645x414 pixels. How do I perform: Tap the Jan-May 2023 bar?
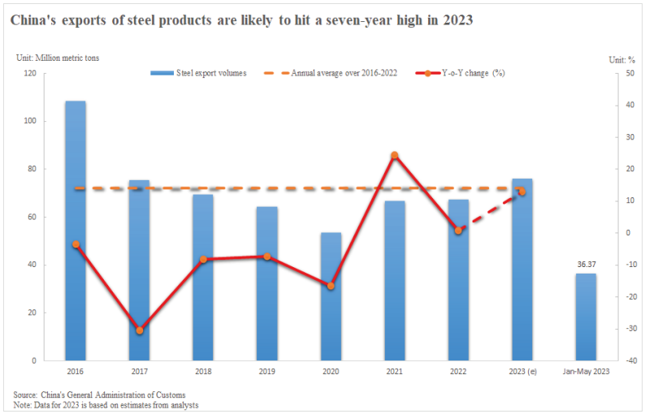586,317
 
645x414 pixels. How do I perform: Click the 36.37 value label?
586,264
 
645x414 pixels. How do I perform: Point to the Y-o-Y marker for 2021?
394,155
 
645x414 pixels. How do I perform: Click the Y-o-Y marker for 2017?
140,330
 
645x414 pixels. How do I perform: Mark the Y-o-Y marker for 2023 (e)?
522,192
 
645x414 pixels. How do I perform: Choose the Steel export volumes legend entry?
200,73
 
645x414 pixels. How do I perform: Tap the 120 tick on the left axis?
31,73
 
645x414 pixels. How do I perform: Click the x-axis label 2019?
266,371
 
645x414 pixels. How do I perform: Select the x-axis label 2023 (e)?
522,371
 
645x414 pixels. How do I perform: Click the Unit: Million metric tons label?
58,58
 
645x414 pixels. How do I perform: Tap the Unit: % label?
620,58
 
